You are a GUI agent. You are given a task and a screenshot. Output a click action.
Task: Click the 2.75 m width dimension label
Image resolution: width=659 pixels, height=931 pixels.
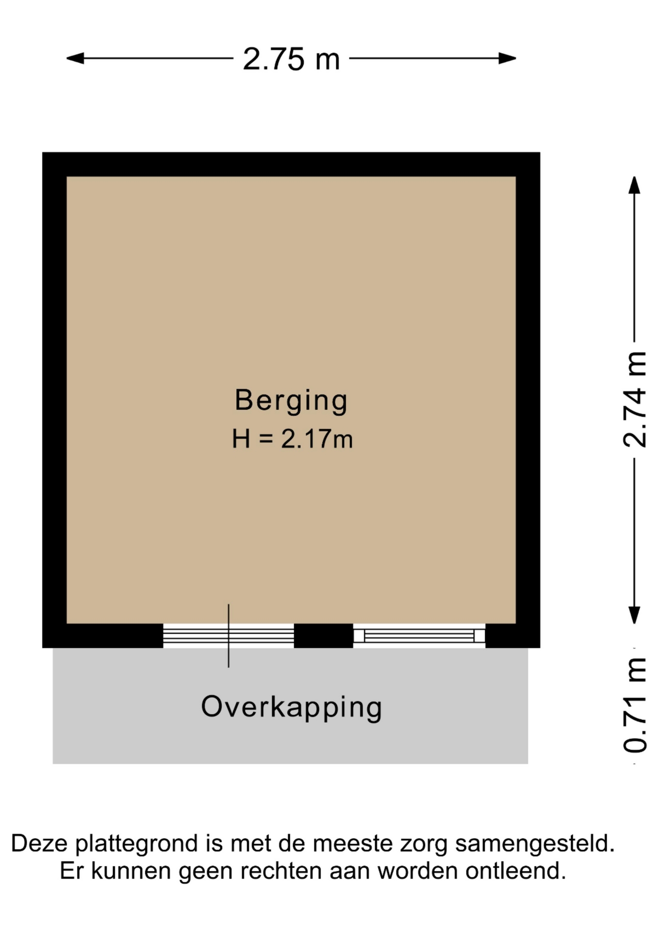pyautogui.click(x=291, y=59)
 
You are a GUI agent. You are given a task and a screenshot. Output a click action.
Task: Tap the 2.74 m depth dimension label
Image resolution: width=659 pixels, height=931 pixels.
pyautogui.click(x=635, y=399)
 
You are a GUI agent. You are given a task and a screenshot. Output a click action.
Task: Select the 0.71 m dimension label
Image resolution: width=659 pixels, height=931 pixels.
pyautogui.click(x=635, y=706)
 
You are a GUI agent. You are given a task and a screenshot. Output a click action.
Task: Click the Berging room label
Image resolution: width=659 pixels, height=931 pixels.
pyautogui.click(x=291, y=401)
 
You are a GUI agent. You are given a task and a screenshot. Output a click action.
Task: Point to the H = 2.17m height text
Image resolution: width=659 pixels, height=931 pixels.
pyautogui.click(x=292, y=439)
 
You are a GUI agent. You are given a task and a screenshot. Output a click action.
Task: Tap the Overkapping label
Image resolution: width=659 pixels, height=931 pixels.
pyautogui.click(x=292, y=708)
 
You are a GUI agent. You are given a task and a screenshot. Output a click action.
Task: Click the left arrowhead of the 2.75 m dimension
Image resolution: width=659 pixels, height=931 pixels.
pyautogui.click(x=75, y=59)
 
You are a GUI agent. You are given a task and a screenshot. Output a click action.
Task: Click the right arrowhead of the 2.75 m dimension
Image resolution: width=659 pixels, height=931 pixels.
pyautogui.click(x=507, y=59)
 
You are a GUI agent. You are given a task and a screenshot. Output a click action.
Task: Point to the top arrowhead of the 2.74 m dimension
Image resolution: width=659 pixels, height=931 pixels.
pyautogui.click(x=634, y=185)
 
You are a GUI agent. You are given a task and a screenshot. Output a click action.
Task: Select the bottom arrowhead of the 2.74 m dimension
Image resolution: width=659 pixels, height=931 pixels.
pyautogui.click(x=634, y=615)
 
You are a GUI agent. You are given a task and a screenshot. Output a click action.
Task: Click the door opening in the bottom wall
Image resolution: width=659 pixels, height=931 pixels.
pyautogui.click(x=229, y=636)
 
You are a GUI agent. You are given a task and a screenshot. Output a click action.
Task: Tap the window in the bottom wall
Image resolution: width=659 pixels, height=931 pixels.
pyautogui.click(x=419, y=636)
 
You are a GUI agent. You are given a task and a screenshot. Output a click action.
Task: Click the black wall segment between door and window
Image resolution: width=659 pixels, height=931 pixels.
pyautogui.click(x=324, y=636)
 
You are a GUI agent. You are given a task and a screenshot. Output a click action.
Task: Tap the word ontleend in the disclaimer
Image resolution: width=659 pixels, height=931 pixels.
pyautogui.click(x=516, y=871)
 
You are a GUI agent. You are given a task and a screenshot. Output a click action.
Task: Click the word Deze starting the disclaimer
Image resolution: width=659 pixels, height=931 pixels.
pyautogui.click(x=39, y=843)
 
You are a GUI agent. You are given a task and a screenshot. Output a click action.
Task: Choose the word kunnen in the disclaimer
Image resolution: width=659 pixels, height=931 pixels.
pyautogui.click(x=131, y=871)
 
